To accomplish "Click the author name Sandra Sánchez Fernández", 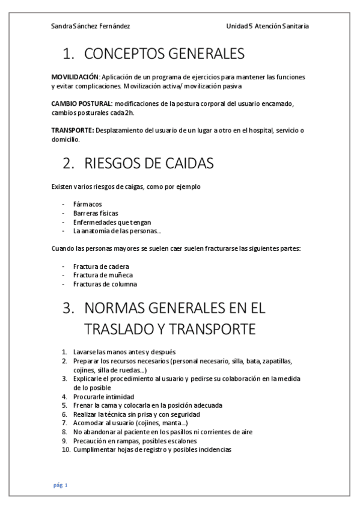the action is tap(91, 26).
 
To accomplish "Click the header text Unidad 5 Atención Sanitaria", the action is tap(268, 26).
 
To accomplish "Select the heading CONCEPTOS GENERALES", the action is tap(164, 54).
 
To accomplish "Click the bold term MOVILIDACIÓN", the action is tap(75, 78).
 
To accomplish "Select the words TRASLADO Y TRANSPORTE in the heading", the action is tap(170, 330).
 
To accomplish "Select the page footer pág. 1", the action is tap(62, 485).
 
